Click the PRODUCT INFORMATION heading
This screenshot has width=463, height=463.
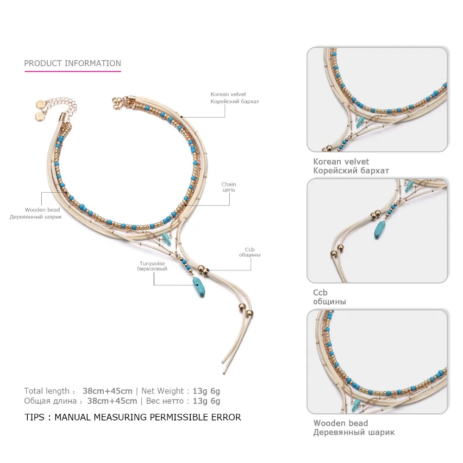click(72, 63)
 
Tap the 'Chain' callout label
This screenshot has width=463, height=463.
click(228, 184)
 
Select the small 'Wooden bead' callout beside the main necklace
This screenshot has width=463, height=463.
click(42, 210)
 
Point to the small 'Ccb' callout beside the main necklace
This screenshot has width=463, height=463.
click(250, 249)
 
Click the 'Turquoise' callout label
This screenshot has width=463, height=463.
click(153, 263)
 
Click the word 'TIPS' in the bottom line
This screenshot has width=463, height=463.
click(35, 417)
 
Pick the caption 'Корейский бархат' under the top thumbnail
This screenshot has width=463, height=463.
click(351, 170)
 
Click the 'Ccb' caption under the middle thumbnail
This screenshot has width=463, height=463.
click(320, 293)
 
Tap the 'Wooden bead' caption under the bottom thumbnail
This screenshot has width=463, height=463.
click(340, 423)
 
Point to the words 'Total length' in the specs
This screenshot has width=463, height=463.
click(46, 391)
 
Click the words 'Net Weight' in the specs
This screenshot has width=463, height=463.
click(166, 391)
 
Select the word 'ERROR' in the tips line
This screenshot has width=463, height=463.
click(226, 417)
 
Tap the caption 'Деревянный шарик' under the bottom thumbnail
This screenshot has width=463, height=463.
click(354, 432)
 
